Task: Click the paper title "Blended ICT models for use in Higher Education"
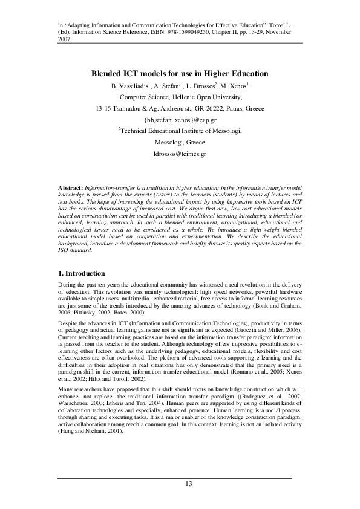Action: click(180, 73)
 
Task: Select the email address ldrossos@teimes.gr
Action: click(180, 154)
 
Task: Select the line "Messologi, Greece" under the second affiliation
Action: click(180, 143)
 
